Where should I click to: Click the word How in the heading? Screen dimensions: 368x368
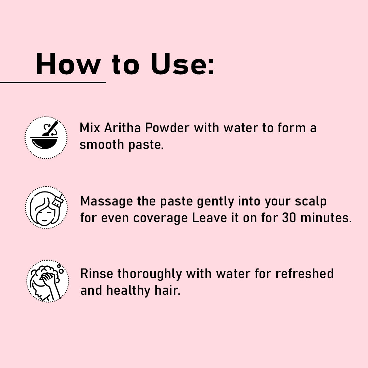click(68, 64)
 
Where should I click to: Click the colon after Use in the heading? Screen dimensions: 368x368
click(211, 66)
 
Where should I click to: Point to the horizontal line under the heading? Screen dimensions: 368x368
click(53, 82)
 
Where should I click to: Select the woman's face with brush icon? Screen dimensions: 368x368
click(46, 208)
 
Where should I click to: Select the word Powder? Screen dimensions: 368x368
click(167, 128)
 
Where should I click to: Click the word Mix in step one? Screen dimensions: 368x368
click(90, 128)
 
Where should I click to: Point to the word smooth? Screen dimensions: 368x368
click(102, 144)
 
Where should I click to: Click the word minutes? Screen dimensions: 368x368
click(326, 218)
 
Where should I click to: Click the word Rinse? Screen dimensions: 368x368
click(97, 274)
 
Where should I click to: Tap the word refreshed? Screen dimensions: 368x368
click(304, 274)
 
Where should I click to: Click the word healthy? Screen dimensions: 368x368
click(128, 291)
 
